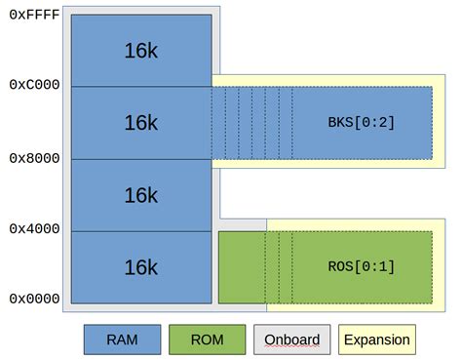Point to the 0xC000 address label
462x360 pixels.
click(33, 85)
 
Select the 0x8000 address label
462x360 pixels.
click(33, 158)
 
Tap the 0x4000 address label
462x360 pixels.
click(33, 228)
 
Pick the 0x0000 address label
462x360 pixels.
click(33, 299)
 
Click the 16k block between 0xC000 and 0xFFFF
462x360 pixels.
click(140, 51)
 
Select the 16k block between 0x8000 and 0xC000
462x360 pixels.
click(140, 123)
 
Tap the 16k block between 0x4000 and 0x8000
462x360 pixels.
click(140, 195)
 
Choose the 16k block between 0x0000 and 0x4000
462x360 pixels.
click(140, 266)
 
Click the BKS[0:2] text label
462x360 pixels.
click(361, 123)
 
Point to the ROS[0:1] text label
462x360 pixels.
click(361, 266)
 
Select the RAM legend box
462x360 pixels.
click(122, 340)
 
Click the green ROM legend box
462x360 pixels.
click(207, 340)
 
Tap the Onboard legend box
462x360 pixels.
click(291, 340)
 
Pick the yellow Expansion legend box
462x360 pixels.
click(376, 340)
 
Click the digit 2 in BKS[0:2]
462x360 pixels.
click(384, 123)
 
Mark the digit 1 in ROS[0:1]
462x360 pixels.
click(384, 266)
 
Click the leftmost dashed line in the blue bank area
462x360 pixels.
click(225, 123)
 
